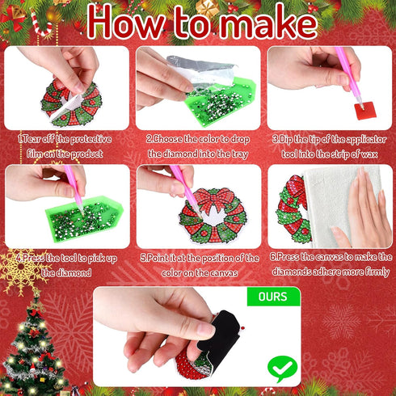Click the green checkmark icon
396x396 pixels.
pyautogui.click(x=282, y=368)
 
